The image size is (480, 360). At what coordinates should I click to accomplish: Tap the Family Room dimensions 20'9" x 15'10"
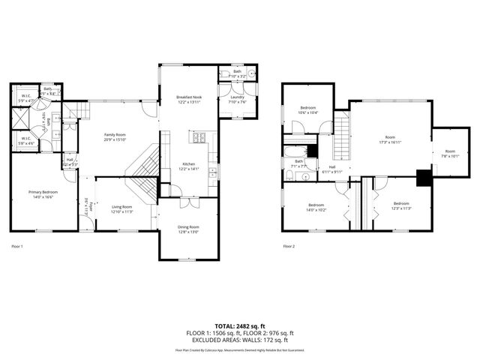(x=114, y=139)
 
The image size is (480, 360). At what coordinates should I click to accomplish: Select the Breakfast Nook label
(x=188, y=97)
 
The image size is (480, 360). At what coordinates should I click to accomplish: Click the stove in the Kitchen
(x=200, y=138)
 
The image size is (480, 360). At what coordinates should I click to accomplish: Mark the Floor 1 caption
(x=17, y=246)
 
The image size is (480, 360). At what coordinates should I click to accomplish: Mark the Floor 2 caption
(x=289, y=246)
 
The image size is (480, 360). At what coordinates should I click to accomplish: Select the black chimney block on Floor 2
(x=424, y=178)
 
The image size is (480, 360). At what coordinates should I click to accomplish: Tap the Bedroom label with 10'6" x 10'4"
(x=308, y=109)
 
